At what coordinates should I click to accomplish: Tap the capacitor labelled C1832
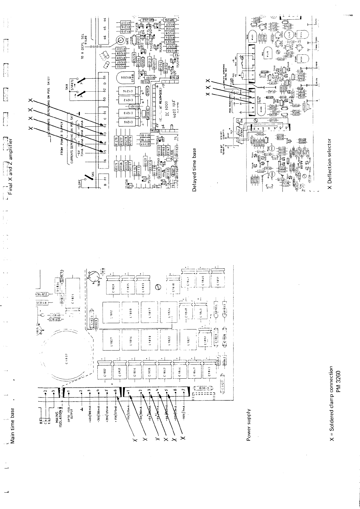(x=105, y=374)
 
